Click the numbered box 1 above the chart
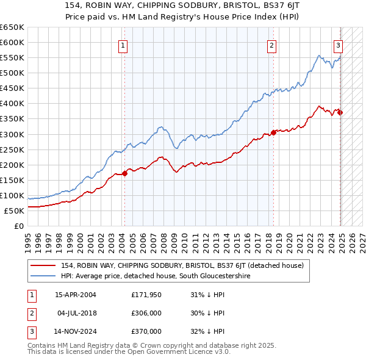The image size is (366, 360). tap(123, 45)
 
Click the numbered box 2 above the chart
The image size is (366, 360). tap(271, 45)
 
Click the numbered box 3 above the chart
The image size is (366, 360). tap(338, 45)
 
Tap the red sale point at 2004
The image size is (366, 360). tap(124, 173)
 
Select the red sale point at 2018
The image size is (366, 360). tap(273, 132)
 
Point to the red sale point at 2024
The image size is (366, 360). tap(340, 112)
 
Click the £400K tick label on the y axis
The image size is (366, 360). tap(12, 103)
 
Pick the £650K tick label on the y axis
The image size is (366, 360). tap(12, 27)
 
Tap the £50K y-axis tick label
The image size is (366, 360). tap(15, 211)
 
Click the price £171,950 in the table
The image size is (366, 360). tap(146, 296)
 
